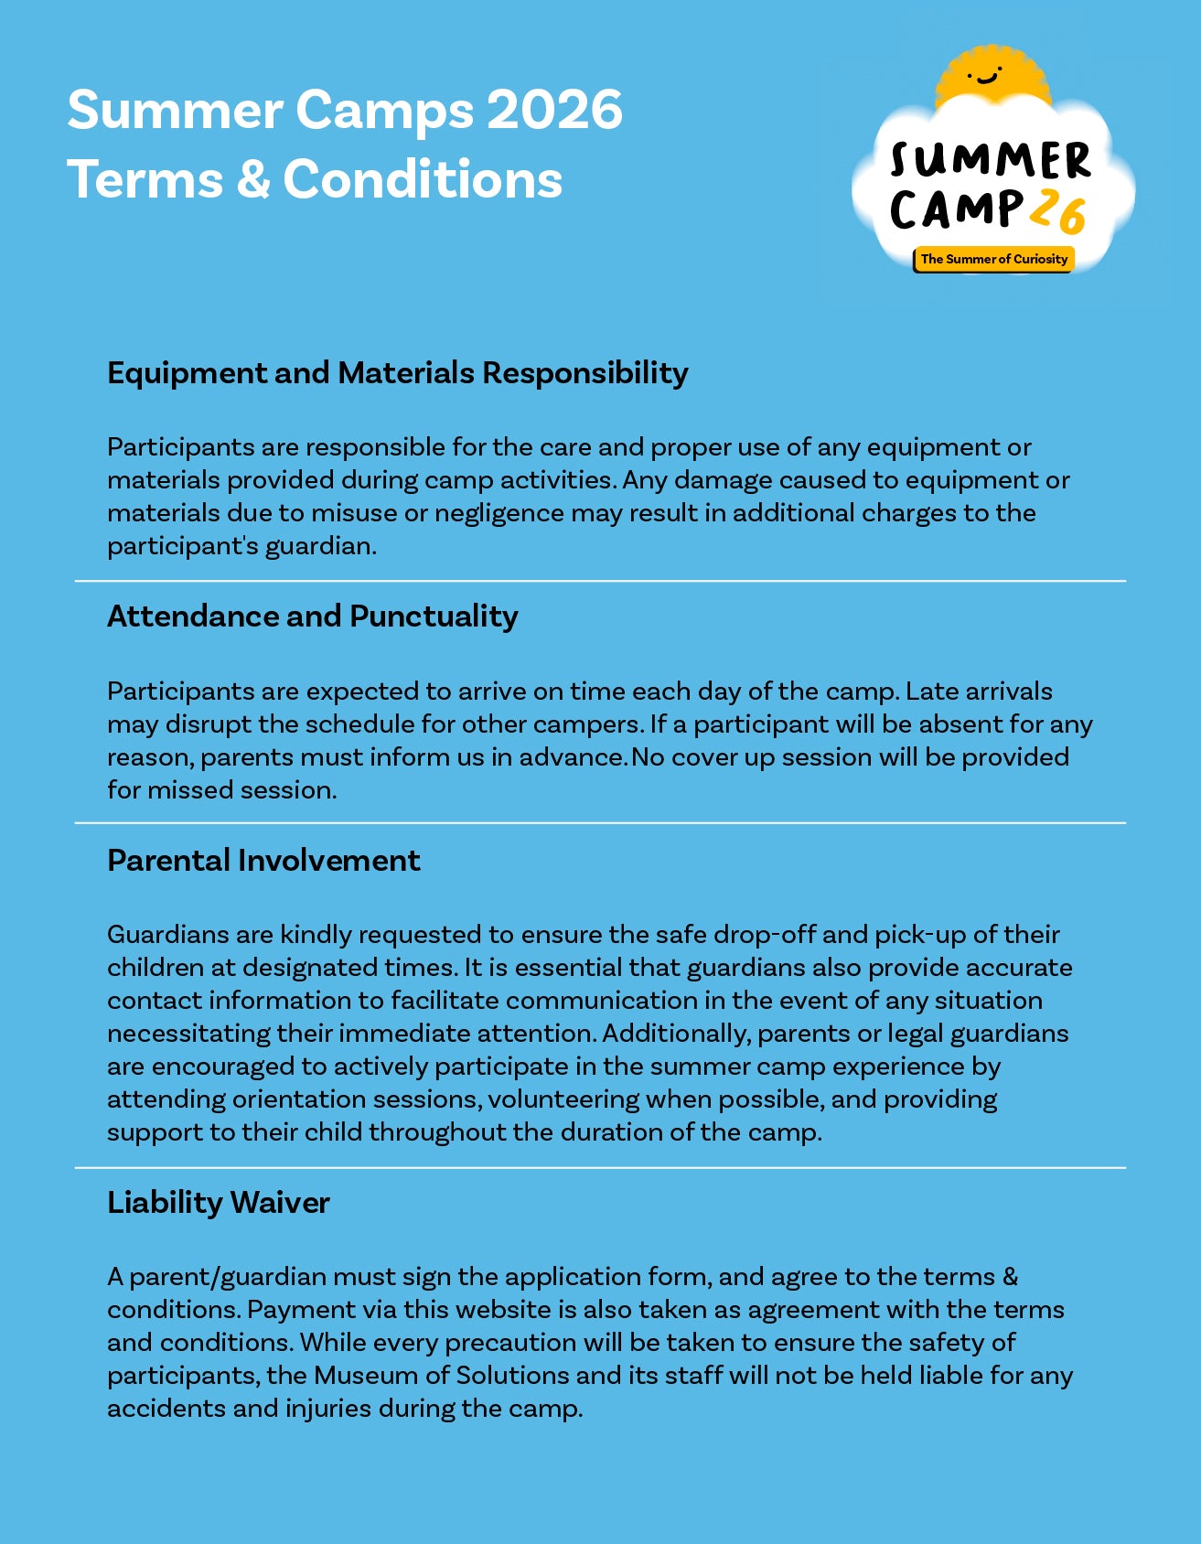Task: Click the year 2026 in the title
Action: (x=554, y=110)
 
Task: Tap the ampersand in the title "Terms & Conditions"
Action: (x=252, y=179)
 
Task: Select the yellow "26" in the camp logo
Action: (x=1057, y=212)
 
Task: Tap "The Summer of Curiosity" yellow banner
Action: (x=993, y=259)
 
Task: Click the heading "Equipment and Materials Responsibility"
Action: (x=398, y=373)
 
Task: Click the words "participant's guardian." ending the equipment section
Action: (x=242, y=546)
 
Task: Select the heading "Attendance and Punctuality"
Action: (x=313, y=617)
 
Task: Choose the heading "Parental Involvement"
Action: (x=263, y=861)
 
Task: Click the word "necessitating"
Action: (x=188, y=1034)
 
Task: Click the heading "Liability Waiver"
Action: (x=218, y=1203)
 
